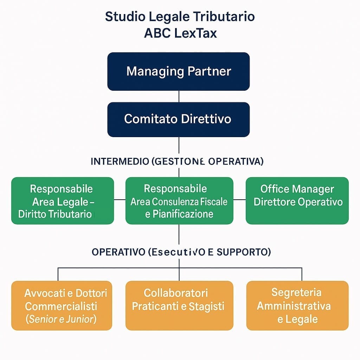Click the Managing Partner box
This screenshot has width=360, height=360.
click(179, 72)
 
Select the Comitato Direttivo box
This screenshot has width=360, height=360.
click(179, 119)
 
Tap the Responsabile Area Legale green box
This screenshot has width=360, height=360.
click(63, 201)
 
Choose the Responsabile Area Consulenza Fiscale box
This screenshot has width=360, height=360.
click(179, 201)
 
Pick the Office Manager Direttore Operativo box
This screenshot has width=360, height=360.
click(297, 201)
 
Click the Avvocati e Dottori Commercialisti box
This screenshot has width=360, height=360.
click(62, 306)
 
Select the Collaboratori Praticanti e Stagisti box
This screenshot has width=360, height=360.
click(179, 306)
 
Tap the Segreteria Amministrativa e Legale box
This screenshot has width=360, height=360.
click(297, 306)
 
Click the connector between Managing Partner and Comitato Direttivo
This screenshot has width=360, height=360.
click(179, 96)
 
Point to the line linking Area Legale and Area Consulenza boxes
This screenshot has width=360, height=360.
click(120, 200)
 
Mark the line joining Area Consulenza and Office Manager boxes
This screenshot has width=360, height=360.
click(239, 200)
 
